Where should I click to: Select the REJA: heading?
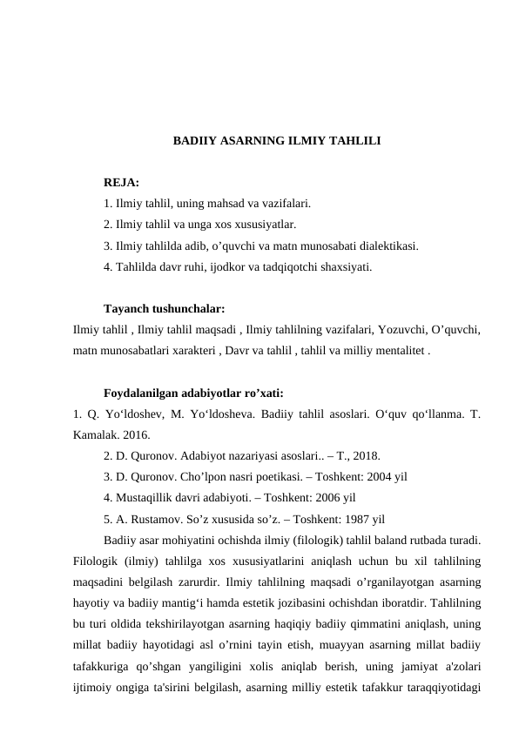coord(120,184)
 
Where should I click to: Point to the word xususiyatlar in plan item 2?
coord(265,225)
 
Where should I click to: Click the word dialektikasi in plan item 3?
coord(387,245)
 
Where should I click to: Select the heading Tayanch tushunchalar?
coord(165,308)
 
